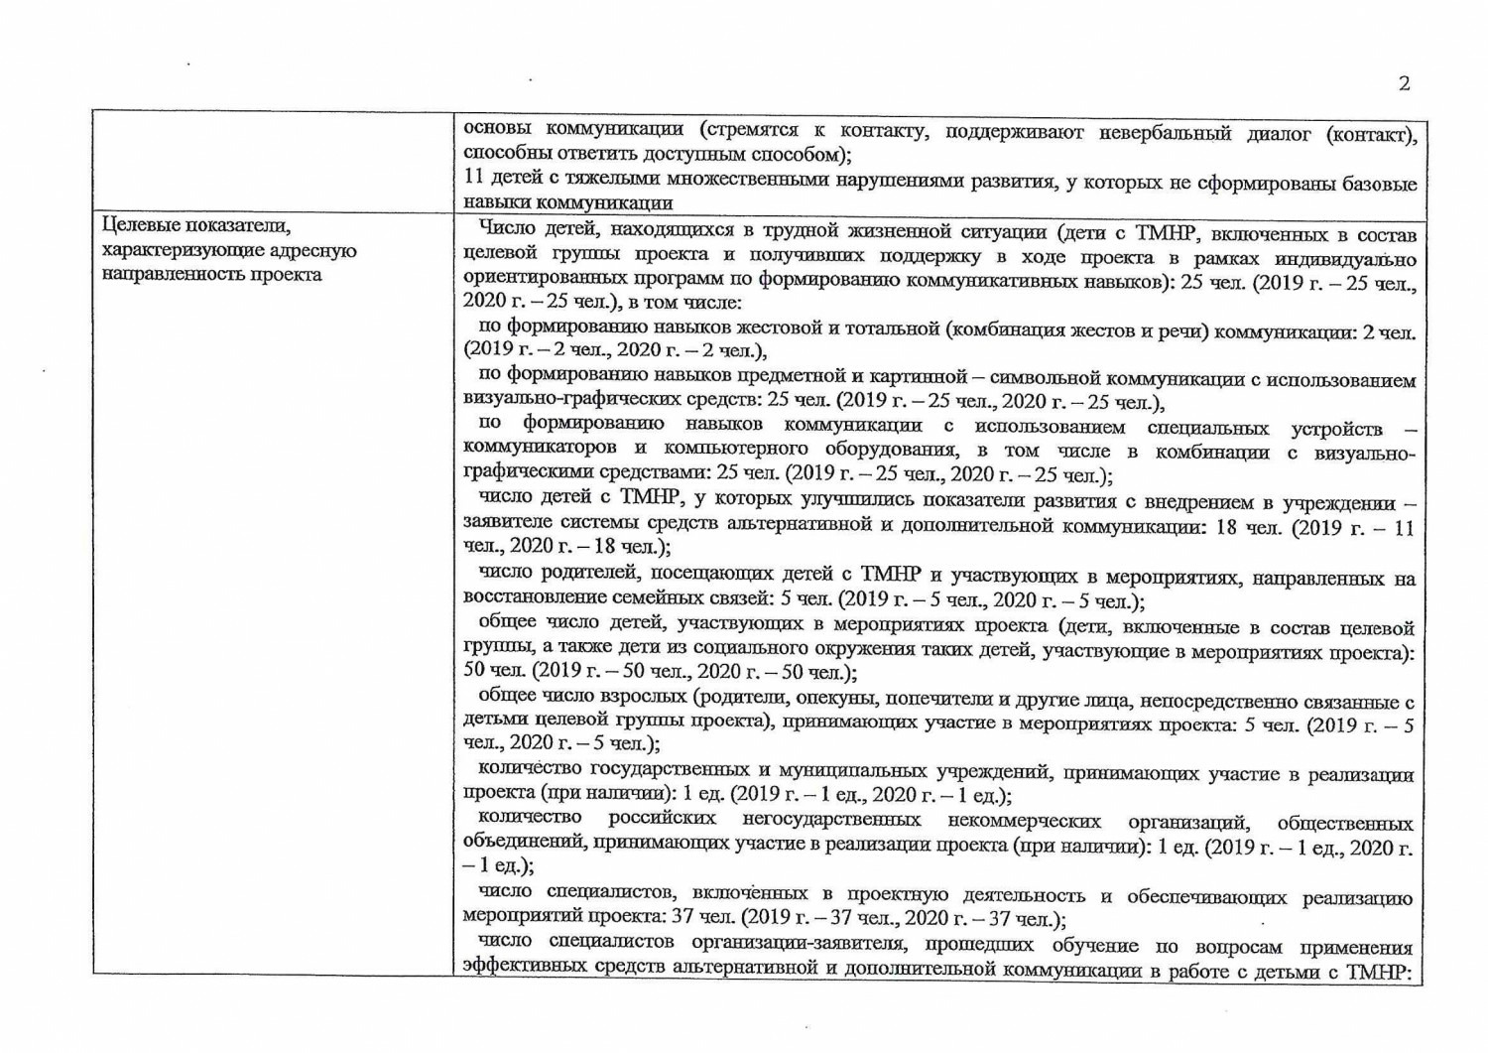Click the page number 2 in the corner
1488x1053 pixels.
pyautogui.click(x=1404, y=83)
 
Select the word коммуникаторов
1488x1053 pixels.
pyautogui.click(x=540, y=450)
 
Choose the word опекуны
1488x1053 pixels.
pyautogui.click(x=841, y=698)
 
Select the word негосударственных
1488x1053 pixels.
pyautogui.click(x=830, y=820)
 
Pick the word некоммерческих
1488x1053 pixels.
pyautogui.click(x=1024, y=821)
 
